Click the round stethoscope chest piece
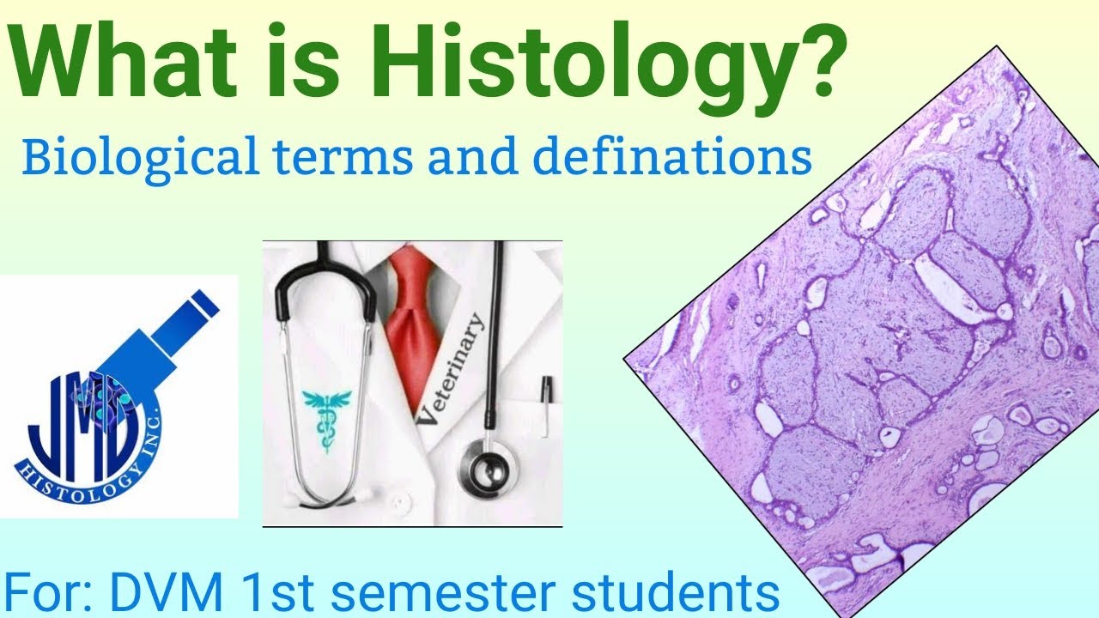487,468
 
